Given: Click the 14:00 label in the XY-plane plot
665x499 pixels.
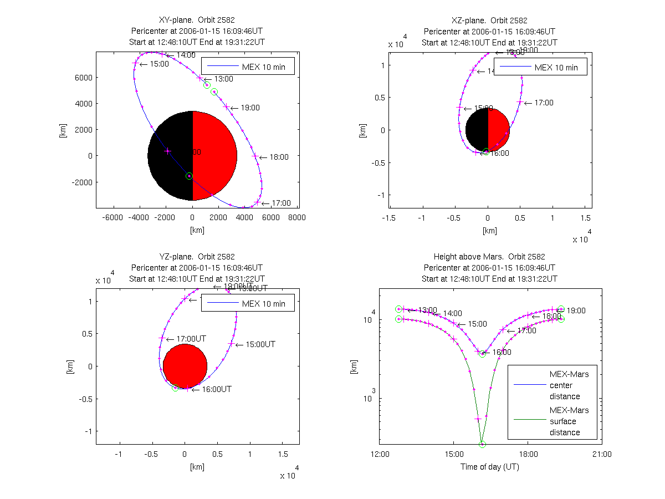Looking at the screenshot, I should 186,55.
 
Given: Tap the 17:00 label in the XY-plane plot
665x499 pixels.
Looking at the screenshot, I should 282,203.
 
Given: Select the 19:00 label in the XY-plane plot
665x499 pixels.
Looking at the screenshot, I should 250,108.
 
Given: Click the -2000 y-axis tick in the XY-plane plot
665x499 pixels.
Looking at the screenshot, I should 83,182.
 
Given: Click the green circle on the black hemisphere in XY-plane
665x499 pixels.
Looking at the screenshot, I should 189,176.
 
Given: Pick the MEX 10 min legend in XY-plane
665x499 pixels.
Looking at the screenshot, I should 247,67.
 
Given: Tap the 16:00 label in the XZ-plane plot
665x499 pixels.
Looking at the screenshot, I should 500,153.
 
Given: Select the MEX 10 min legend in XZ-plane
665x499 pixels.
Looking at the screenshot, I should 540,68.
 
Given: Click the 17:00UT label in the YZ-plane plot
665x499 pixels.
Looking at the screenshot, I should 191,339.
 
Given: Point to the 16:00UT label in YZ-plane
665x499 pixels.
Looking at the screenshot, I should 216,389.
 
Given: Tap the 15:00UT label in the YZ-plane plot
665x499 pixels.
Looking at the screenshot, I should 260,344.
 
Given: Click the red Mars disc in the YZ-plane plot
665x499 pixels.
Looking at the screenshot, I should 185,366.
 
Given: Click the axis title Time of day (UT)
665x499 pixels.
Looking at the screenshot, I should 490,467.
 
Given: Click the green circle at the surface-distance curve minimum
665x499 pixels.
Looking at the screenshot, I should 482,444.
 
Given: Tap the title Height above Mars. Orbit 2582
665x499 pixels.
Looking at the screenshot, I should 490,257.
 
